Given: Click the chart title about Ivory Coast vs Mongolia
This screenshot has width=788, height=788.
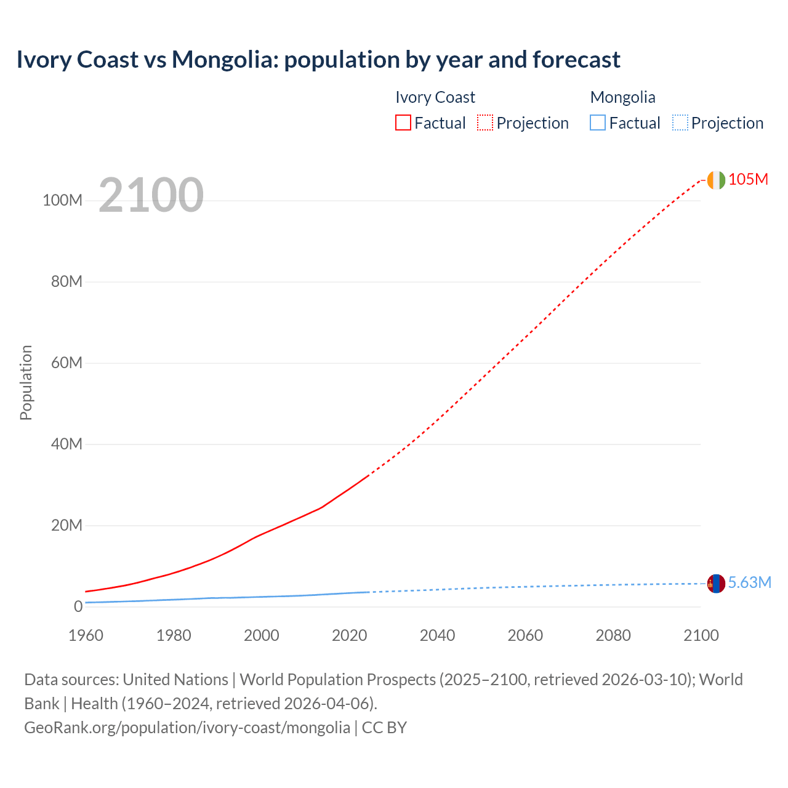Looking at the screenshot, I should [318, 60].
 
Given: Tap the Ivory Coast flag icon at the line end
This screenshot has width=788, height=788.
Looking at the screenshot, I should [716, 180].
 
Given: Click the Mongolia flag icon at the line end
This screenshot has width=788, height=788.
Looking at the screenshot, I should [716, 584].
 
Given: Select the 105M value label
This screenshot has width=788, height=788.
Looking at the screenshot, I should [748, 179].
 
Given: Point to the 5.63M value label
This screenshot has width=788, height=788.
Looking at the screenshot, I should [749, 582].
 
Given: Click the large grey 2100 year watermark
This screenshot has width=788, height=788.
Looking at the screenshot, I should [151, 195].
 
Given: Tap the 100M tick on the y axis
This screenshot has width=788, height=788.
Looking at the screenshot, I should [62, 201].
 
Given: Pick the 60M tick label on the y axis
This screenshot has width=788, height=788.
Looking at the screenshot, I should [66, 363].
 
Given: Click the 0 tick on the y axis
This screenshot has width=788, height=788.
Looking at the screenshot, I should [78, 606].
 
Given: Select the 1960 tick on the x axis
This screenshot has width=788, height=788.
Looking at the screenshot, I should [86, 635].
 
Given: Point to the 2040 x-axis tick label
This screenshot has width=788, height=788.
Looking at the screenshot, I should [437, 635].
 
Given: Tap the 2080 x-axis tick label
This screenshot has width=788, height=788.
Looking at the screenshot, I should [613, 635].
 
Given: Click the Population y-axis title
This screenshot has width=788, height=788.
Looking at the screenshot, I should [26, 382].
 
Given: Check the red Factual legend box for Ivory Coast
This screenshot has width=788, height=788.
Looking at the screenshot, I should [403, 123].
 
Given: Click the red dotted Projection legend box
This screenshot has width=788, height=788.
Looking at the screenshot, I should [485, 123].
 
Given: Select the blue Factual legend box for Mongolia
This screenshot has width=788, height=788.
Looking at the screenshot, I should [598, 123].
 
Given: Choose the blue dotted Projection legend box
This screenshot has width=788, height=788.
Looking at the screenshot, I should [680, 123].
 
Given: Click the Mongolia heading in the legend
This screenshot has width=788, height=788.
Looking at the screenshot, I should [622, 97].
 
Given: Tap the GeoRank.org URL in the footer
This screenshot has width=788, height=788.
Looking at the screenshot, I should [187, 727].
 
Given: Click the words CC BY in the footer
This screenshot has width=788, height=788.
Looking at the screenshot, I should [384, 727].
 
